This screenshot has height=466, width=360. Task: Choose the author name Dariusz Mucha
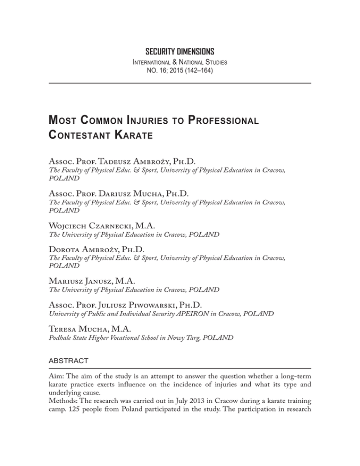136,197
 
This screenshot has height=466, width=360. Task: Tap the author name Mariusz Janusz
78,294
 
